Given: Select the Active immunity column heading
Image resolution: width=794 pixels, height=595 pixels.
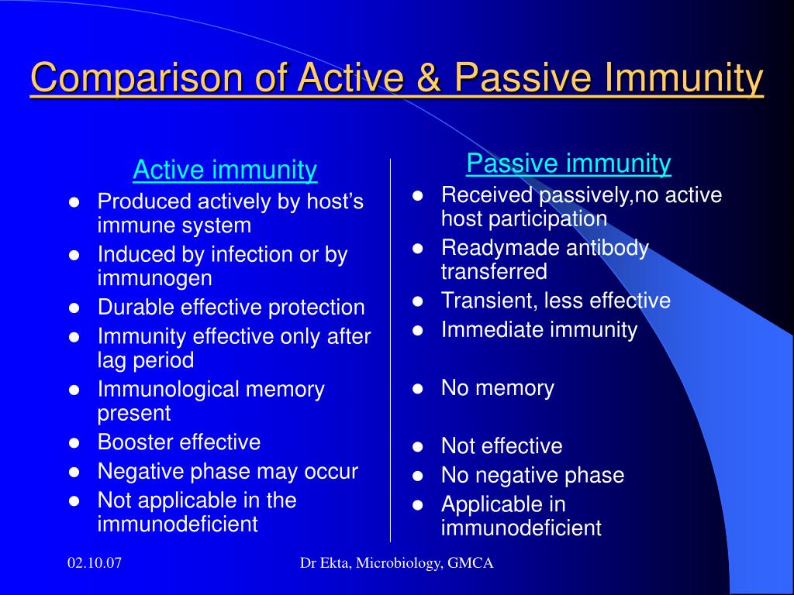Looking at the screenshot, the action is pyautogui.click(x=225, y=170).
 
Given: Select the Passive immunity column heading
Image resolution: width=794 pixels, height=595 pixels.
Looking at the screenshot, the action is pyautogui.click(x=568, y=163).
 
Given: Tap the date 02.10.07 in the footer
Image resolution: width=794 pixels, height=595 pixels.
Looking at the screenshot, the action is pyautogui.click(x=95, y=562).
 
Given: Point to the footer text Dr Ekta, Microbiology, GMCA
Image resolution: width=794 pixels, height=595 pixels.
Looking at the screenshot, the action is pyautogui.click(x=396, y=563).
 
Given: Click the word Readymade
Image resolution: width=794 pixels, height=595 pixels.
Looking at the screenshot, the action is pyautogui.click(x=500, y=249).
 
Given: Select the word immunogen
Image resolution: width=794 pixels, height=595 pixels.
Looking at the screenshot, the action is pyautogui.click(x=155, y=279).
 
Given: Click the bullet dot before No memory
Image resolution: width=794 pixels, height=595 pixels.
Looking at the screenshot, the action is pyautogui.click(x=418, y=389).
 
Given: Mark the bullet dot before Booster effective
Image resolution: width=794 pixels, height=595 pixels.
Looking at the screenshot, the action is pyautogui.click(x=74, y=443).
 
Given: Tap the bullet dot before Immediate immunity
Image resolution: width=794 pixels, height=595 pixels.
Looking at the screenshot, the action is pyautogui.click(x=418, y=330).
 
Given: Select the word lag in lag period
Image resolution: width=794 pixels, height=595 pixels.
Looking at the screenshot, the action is pyautogui.click(x=112, y=361).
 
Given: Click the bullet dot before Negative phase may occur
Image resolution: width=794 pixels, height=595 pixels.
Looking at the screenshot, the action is pyautogui.click(x=74, y=472).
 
